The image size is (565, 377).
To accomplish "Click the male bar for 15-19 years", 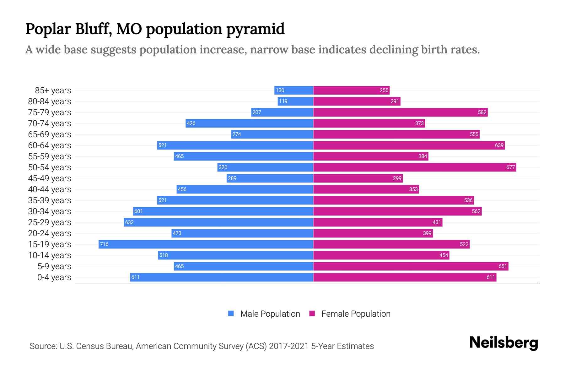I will (x=206, y=244).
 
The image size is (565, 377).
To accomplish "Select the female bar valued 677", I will (x=414, y=167).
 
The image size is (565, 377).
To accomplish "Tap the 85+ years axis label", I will (x=53, y=90).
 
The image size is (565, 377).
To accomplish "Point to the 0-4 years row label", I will (x=54, y=277).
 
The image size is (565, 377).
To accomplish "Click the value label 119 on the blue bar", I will (x=283, y=101).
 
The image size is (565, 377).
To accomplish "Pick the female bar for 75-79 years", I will (x=400, y=112).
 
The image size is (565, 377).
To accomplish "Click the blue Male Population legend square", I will (x=231, y=314).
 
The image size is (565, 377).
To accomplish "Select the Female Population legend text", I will (x=356, y=314).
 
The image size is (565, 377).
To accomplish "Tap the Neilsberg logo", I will (x=503, y=343).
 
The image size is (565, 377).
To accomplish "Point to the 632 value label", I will (x=129, y=222).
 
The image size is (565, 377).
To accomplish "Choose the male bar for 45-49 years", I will (x=270, y=178).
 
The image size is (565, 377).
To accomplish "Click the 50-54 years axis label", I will (x=50, y=167).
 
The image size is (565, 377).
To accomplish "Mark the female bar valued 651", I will (x=411, y=266).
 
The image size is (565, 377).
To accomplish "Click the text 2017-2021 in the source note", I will (x=289, y=346).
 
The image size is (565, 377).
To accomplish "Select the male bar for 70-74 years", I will (x=250, y=123).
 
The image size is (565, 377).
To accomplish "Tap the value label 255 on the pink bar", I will (x=384, y=90).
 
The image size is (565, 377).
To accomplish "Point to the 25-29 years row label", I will (x=50, y=222).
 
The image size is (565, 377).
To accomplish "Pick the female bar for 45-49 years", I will (x=358, y=178).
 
